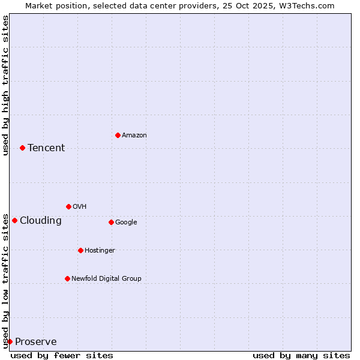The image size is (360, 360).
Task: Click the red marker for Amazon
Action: (118, 135)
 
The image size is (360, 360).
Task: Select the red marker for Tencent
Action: (22, 148)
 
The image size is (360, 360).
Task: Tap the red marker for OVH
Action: (68, 206)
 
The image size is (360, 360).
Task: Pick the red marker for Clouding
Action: (14, 220)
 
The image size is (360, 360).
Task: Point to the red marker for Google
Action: (111, 222)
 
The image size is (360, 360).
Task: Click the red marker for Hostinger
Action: (80, 250)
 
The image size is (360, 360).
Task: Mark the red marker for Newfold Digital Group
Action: (67, 278)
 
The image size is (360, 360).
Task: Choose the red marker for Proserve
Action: (10, 341)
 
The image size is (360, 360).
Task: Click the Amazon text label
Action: (134, 136)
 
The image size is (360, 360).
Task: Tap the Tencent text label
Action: (46, 148)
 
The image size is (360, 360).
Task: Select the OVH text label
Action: (80, 207)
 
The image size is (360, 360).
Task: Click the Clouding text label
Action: (41, 221)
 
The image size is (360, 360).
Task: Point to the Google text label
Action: (126, 223)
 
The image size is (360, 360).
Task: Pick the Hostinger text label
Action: (100, 251)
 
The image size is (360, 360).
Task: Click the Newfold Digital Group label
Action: (106, 279)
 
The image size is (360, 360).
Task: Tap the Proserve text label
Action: (36, 342)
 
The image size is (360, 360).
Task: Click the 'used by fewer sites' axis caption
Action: (62, 356)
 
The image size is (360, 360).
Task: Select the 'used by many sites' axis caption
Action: (301, 356)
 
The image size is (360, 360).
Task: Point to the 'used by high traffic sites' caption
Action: (5, 85)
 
